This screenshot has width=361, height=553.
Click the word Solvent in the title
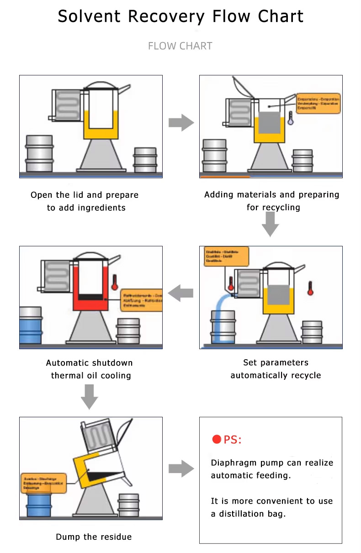coord(90,17)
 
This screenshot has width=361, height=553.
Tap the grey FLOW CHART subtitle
coord(180,46)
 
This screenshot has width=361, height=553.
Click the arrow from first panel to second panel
coord(181,122)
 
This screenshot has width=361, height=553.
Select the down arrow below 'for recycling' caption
coord(271,224)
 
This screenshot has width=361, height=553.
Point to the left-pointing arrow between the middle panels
coord(181,292)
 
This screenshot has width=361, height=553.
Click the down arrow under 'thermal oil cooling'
coord(90,396)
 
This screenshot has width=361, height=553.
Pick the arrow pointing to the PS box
coord(181,469)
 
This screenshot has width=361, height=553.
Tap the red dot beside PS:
coord(217,440)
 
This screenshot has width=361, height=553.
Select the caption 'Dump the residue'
coord(94,537)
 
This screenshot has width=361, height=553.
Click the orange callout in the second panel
coord(318,103)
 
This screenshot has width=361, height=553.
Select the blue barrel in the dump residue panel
coord(38,504)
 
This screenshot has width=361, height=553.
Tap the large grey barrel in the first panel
coord(39,153)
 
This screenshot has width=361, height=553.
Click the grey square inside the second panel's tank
coord(269,122)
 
